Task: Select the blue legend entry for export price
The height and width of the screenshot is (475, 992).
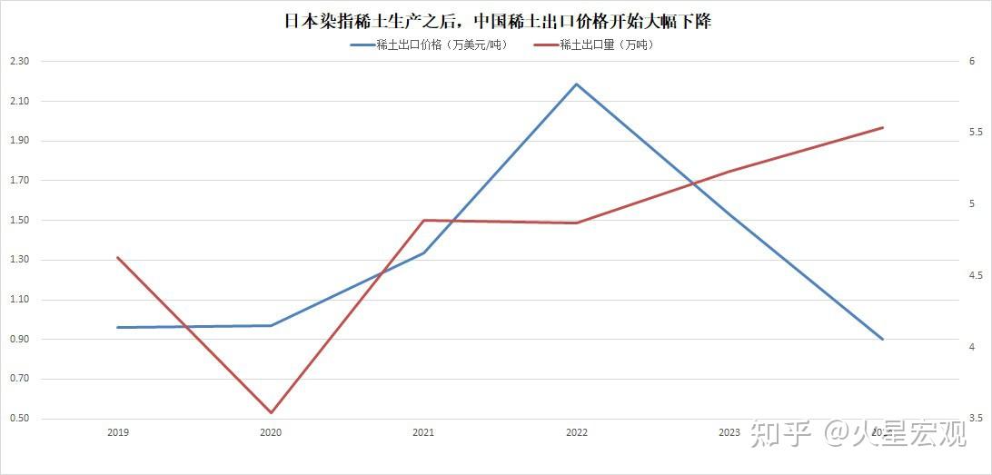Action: [x=428, y=45]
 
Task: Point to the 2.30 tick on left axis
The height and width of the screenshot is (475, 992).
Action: [x=19, y=62]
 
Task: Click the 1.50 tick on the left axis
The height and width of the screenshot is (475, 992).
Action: [x=19, y=221]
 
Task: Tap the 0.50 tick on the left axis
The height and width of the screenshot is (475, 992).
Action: [x=19, y=419]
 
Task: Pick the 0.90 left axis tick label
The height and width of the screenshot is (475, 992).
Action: [x=19, y=340]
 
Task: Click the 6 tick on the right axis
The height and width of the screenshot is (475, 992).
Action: [x=972, y=62]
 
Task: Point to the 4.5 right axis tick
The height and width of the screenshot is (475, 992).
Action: [x=975, y=275]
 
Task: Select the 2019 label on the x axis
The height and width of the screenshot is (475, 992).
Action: [x=118, y=433]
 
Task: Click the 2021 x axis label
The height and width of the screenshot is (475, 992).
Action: [x=423, y=433]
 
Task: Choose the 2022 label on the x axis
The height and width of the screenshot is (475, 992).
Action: [x=576, y=433]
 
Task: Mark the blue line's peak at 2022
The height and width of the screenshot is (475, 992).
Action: [x=576, y=84]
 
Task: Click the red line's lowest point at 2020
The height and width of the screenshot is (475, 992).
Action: [x=271, y=412]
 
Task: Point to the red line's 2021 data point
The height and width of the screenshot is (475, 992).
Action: [x=423, y=221]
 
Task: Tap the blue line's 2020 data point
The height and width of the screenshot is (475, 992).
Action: [x=271, y=325]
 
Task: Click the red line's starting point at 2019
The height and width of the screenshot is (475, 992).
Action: [x=118, y=258]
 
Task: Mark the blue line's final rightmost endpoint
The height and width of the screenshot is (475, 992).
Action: [x=882, y=339]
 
